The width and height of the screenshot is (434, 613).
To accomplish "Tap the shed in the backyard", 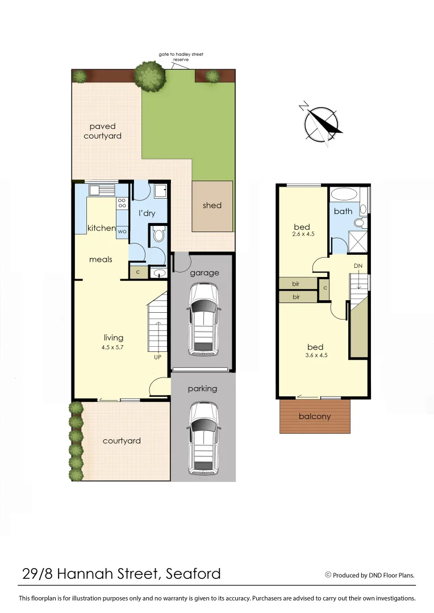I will (212, 206).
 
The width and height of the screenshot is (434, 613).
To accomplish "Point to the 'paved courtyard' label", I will (102, 131).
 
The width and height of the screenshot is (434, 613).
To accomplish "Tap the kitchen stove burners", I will (122, 203).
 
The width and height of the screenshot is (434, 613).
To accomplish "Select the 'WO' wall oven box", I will (122, 232).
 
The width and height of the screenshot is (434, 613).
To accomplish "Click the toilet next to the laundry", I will (158, 234).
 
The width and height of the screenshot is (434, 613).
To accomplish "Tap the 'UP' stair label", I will (157, 358).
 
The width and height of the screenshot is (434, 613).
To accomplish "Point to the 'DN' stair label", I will (358, 266).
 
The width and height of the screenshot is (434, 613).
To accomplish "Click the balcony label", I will (315, 416).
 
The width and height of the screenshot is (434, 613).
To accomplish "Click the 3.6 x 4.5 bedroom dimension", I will (315, 355).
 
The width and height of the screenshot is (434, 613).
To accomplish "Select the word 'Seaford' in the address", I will (193, 574).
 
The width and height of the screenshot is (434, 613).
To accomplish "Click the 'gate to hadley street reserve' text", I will (181, 57).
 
